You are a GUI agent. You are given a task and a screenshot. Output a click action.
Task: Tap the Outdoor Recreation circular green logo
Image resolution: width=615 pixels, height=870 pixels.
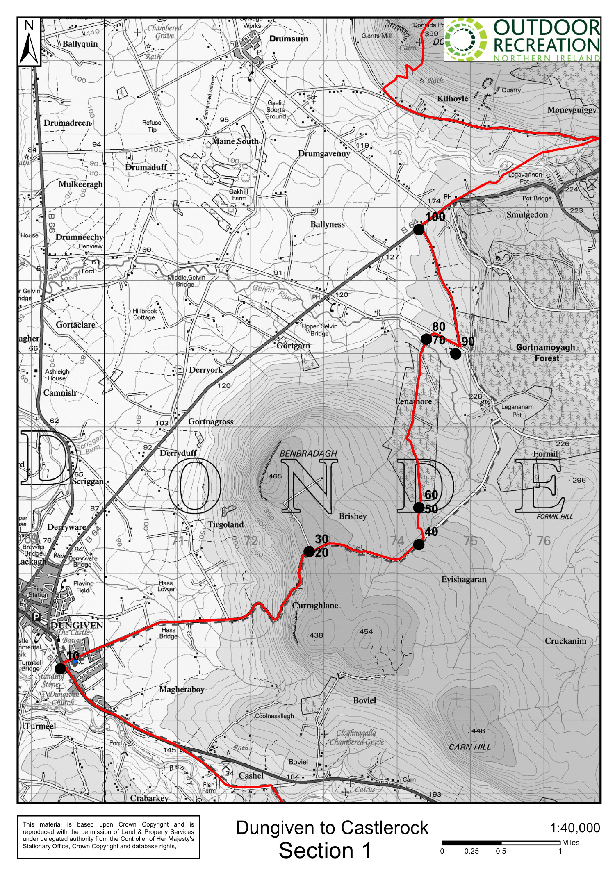(466, 40)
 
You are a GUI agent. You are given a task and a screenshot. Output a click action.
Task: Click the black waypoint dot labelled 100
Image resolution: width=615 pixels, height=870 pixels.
(419, 230)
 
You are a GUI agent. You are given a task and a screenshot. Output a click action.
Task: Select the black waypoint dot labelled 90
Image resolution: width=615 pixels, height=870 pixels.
(456, 354)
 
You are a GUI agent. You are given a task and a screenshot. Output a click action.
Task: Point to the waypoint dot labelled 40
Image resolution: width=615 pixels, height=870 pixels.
(419, 544)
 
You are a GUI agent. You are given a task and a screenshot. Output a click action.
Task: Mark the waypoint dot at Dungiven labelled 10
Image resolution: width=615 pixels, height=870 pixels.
(60, 668)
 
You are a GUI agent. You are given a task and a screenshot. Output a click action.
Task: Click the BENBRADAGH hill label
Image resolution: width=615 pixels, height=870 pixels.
(308, 453)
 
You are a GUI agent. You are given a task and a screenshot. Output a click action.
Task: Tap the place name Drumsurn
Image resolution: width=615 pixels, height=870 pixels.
(289, 39)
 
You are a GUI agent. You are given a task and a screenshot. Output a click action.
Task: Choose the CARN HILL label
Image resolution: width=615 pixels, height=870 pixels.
(469, 747)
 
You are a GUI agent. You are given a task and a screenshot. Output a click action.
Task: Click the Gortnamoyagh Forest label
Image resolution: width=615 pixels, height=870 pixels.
(546, 353)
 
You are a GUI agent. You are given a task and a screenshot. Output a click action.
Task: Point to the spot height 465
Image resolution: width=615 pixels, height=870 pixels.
(275, 476)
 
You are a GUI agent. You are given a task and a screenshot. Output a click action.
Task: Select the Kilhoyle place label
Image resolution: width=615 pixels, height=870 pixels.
(452, 98)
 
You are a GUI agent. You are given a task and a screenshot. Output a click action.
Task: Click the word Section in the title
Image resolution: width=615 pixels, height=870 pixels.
(316, 850)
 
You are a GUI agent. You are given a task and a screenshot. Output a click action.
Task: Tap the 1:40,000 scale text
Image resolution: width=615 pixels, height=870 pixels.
(575, 828)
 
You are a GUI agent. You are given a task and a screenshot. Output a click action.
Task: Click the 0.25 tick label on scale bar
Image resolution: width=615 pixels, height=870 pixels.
(471, 851)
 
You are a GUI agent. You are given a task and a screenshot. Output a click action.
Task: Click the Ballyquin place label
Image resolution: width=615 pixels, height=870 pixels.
(80, 44)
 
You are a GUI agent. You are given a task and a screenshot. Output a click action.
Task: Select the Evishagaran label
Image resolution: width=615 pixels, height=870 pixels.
(464, 579)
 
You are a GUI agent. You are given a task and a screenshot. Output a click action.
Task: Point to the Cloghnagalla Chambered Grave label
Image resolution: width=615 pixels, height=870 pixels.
(356, 737)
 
